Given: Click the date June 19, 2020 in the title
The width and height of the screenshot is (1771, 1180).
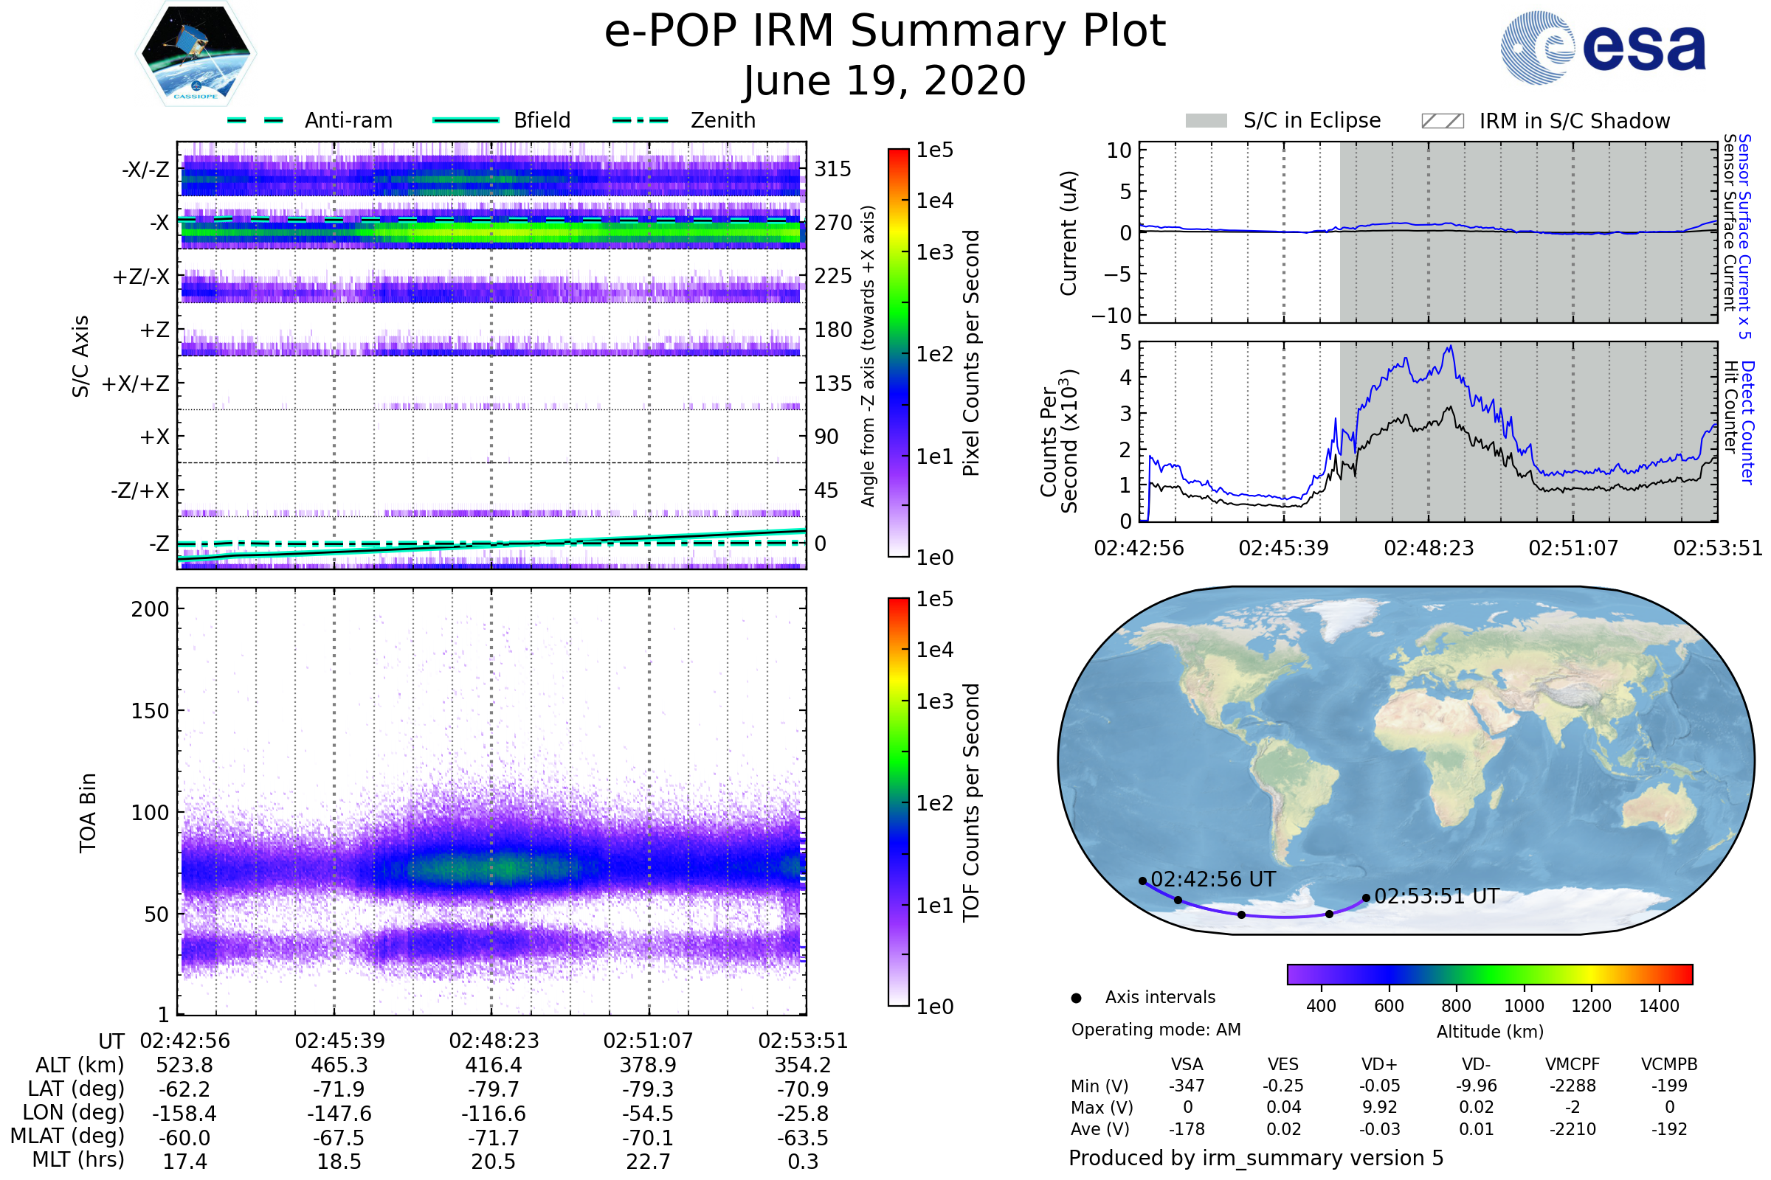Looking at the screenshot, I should pos(885,80).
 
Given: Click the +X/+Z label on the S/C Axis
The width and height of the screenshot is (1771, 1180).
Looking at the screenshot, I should pos(136,383).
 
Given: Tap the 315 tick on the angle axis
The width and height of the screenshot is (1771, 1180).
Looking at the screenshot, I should pos(833,169).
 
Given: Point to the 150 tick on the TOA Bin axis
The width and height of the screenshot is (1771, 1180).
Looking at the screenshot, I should pos(150,711).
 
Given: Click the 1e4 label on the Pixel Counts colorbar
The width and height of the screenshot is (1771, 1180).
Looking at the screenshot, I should pos(934,201).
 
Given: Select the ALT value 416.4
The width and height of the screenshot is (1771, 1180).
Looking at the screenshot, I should pos(493,1066).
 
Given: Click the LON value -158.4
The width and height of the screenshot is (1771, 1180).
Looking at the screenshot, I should pos(184,1114).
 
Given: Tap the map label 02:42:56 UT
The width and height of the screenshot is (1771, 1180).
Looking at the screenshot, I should pos(1213,879).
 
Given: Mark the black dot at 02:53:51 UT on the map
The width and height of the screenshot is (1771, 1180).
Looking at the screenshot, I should pos(1366,898).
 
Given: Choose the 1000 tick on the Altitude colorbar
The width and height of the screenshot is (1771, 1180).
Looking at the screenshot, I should pos(1523,1006).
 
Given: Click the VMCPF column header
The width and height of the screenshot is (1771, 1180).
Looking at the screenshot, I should pos(1573,1065).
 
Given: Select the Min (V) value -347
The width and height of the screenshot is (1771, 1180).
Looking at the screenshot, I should pos(1187,1086).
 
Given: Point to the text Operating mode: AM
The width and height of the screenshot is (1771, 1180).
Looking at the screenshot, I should pos(1156,1030).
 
